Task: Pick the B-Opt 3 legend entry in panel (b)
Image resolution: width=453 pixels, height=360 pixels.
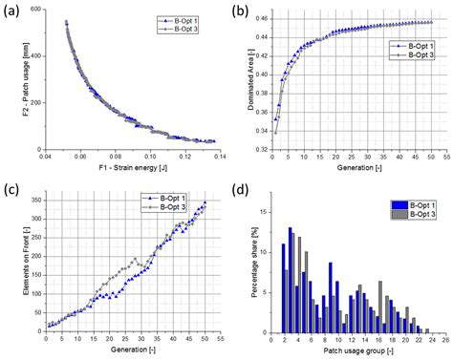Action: (408, 54)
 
